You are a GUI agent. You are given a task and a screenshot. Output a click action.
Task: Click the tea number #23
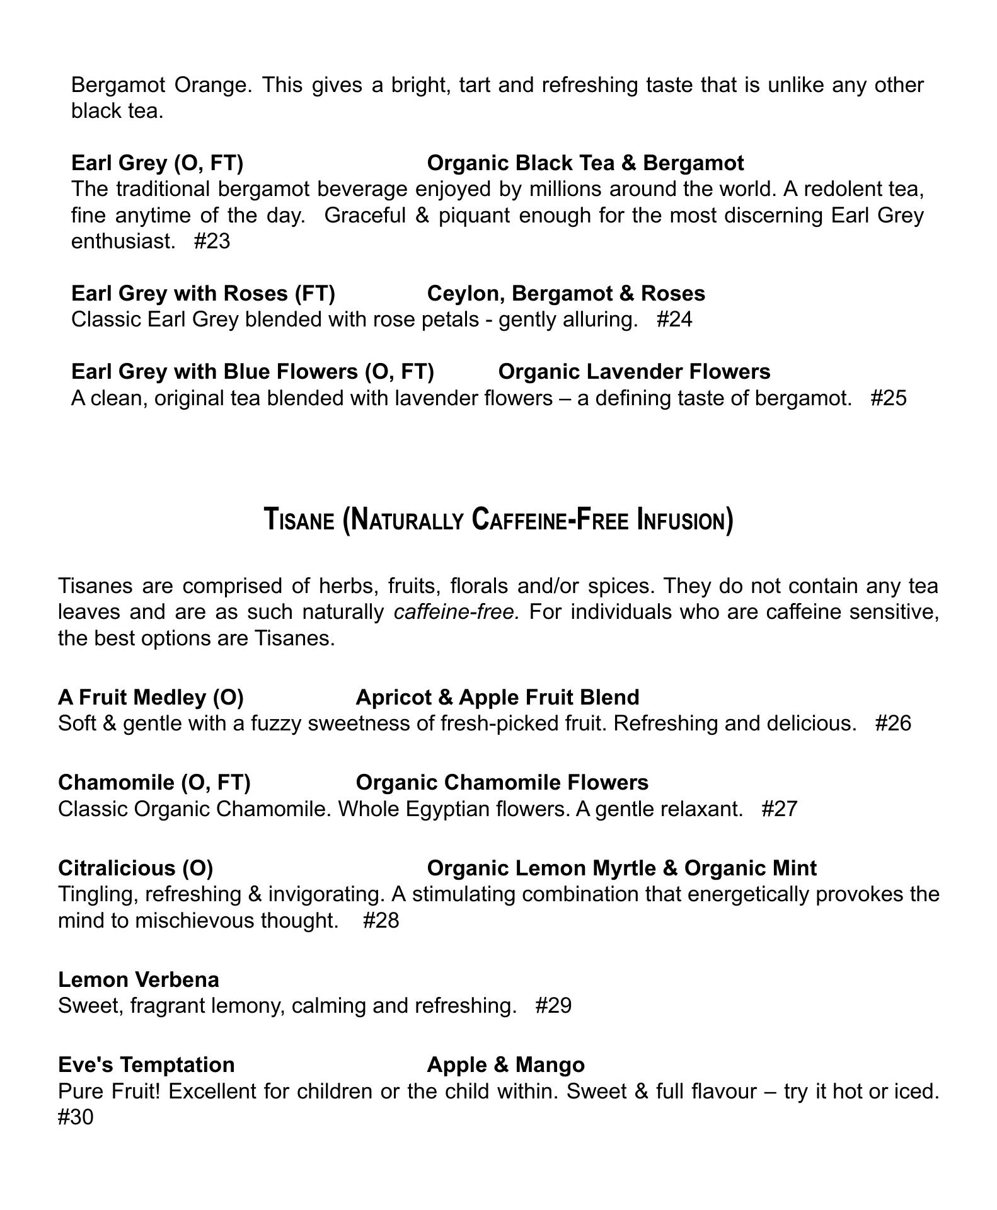pos(212,241)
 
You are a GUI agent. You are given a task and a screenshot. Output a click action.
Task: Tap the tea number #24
pos(674,320)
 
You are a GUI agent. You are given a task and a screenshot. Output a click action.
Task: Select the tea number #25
pos(889,398)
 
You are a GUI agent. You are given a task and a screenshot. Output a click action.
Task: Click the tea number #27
pos(780,809)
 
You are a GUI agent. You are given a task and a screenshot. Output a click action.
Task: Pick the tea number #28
pos(381,921)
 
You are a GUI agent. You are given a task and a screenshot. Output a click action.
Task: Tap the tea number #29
pos(553,1006)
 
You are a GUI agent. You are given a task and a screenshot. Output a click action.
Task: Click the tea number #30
pos(76,1117)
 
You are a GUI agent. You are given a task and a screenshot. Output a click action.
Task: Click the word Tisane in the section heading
pos(299,521)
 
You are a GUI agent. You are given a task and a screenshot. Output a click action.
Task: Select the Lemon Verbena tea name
pos(139,979)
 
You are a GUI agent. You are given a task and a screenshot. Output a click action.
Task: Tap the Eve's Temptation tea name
pos(146,1064)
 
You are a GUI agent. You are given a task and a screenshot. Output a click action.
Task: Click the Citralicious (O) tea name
pos(135,868)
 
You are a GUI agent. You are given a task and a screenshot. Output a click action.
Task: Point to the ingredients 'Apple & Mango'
pos(505,1064)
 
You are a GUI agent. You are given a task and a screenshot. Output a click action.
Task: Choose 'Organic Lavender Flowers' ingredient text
pos(634,372)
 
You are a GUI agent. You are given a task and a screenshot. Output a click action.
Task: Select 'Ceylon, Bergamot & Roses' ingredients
pos(566,293)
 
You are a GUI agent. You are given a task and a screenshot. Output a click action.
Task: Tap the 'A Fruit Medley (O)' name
pos(151,697)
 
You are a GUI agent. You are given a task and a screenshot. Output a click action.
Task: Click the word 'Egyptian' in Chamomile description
pos(447,809)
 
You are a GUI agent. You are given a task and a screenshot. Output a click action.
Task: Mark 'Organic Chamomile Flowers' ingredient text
pos(502,782)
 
